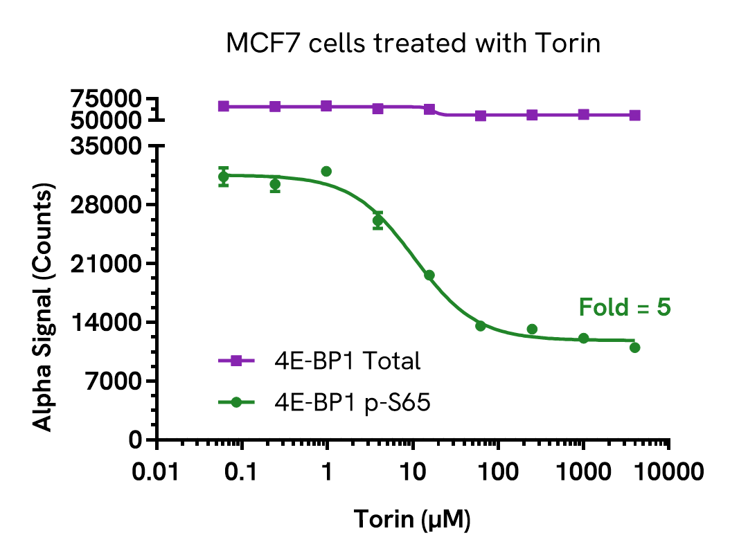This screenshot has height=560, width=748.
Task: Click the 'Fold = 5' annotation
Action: pos(625,307)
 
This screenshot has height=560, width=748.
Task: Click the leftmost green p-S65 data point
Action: pos(223,177)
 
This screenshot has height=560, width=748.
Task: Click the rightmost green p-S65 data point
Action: pos(634,347)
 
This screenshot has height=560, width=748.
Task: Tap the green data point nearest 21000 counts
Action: pos(429,276)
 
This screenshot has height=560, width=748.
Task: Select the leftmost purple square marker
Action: pos(223,106)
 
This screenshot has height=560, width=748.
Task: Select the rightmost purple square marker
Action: pos(634,116)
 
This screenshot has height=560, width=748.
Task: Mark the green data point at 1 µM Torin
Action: pos(326,171)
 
